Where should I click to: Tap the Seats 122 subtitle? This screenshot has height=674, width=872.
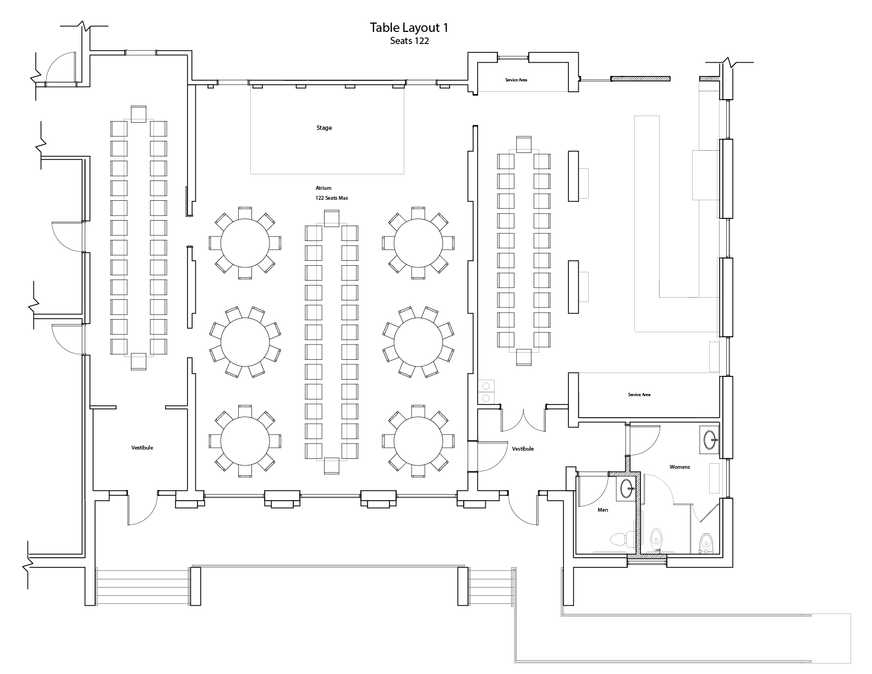click(409, 41)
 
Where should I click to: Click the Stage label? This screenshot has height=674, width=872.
click(324, 128)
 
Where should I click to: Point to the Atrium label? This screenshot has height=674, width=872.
click(323, 188)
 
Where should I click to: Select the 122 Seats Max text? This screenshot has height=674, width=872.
click(328, 198)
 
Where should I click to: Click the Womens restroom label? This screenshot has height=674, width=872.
click(679, 467)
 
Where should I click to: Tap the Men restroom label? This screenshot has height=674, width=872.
click(603, 510)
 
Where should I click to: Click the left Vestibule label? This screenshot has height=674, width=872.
click(142, 448)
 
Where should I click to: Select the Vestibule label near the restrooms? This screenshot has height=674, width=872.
click(523, 449)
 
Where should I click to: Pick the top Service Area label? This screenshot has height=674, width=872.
click(516, 80)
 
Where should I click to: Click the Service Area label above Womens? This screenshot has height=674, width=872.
click(639, 395)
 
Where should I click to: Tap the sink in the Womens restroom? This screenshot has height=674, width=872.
click(710, 439)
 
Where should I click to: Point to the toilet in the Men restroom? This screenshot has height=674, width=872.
click(618, 539)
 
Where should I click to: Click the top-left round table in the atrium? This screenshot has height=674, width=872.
click(245, 243)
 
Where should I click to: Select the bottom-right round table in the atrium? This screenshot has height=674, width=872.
click(419, 441)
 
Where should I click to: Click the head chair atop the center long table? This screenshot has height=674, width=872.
click(332, 219)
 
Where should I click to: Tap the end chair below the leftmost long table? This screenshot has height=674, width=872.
click(139, 361)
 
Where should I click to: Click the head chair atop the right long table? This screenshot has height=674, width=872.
click(523, 144)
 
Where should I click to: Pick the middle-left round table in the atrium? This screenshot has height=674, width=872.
click(245, 342)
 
